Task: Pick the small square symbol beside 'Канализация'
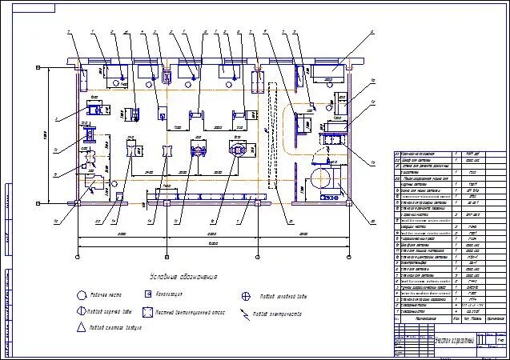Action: tap(149, 294)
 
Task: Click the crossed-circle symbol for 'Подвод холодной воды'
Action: tap(247, 295)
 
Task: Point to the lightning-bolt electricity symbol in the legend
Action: tap(245, 312)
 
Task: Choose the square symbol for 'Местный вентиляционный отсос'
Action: tap(149, 311)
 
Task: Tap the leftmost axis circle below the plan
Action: tap(77, 256)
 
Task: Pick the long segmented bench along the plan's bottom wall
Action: tap(215, 197)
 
